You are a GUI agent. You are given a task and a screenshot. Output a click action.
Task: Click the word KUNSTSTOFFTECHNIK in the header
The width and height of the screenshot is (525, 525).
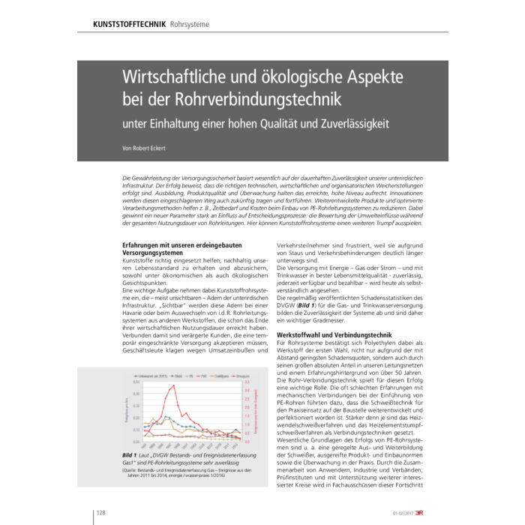[x=129, y=24]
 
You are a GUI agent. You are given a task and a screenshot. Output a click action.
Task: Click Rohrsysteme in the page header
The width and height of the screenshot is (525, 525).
[x=190, y=24]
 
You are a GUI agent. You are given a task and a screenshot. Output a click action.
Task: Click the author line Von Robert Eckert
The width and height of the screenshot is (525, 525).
[x=144, y=148]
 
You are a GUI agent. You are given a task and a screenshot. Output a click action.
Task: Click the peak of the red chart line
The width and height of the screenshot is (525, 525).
[x=173, y=386]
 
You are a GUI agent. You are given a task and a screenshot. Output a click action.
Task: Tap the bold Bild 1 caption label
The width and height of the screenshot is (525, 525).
[x=133, y=455]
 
